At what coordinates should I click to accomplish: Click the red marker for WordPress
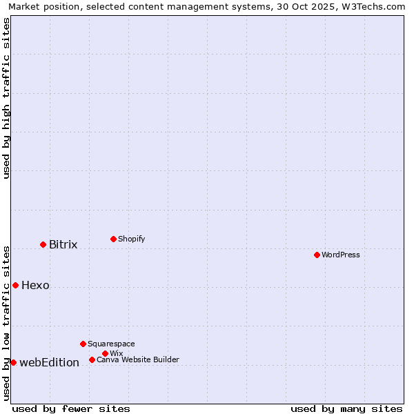coord(317,255)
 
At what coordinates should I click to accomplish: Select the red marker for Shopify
coord(113,239)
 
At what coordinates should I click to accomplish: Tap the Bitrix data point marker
coord(43,244)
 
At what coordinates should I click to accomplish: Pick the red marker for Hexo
coord(15,285)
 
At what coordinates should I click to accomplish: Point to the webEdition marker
coord(13,362)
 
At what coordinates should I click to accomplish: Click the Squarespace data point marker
coord(83,344)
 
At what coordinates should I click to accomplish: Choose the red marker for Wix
coord(105,353)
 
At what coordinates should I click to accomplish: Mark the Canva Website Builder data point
coord(92,359)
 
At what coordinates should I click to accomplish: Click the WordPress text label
coord(341,255)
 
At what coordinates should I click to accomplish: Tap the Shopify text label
coord(132,239)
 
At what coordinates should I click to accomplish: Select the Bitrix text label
coord(63,244)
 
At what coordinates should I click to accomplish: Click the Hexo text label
coord(36,285)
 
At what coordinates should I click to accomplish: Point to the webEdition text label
coord(50,362)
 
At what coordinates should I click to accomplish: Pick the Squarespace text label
coord(112,344)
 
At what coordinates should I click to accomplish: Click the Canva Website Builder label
coord(138,359)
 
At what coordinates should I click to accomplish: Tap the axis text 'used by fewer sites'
coord(71,408)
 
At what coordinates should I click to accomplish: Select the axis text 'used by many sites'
coord(346,408)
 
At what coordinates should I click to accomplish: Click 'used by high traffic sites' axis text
coord(6,98)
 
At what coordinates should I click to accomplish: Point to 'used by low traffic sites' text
coord(6,322)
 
